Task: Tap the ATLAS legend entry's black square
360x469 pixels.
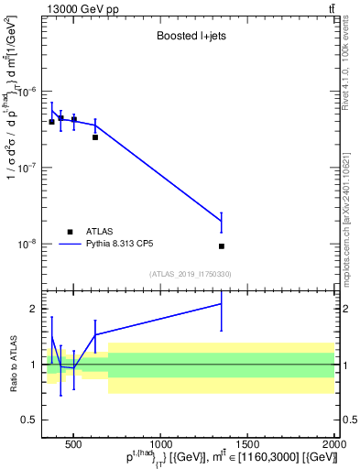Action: pyautogui.click(x=71, y=232)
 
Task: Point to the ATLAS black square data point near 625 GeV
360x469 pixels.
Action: pyautogui.click(x=95, y=137)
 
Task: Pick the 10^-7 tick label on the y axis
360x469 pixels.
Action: pyautogui.click(x=31, y=169)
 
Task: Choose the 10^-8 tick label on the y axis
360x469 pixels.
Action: pyautogui.click(x=31, y=245)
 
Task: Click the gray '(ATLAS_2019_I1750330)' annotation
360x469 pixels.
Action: pyautogui.click(x=190, y=274)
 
